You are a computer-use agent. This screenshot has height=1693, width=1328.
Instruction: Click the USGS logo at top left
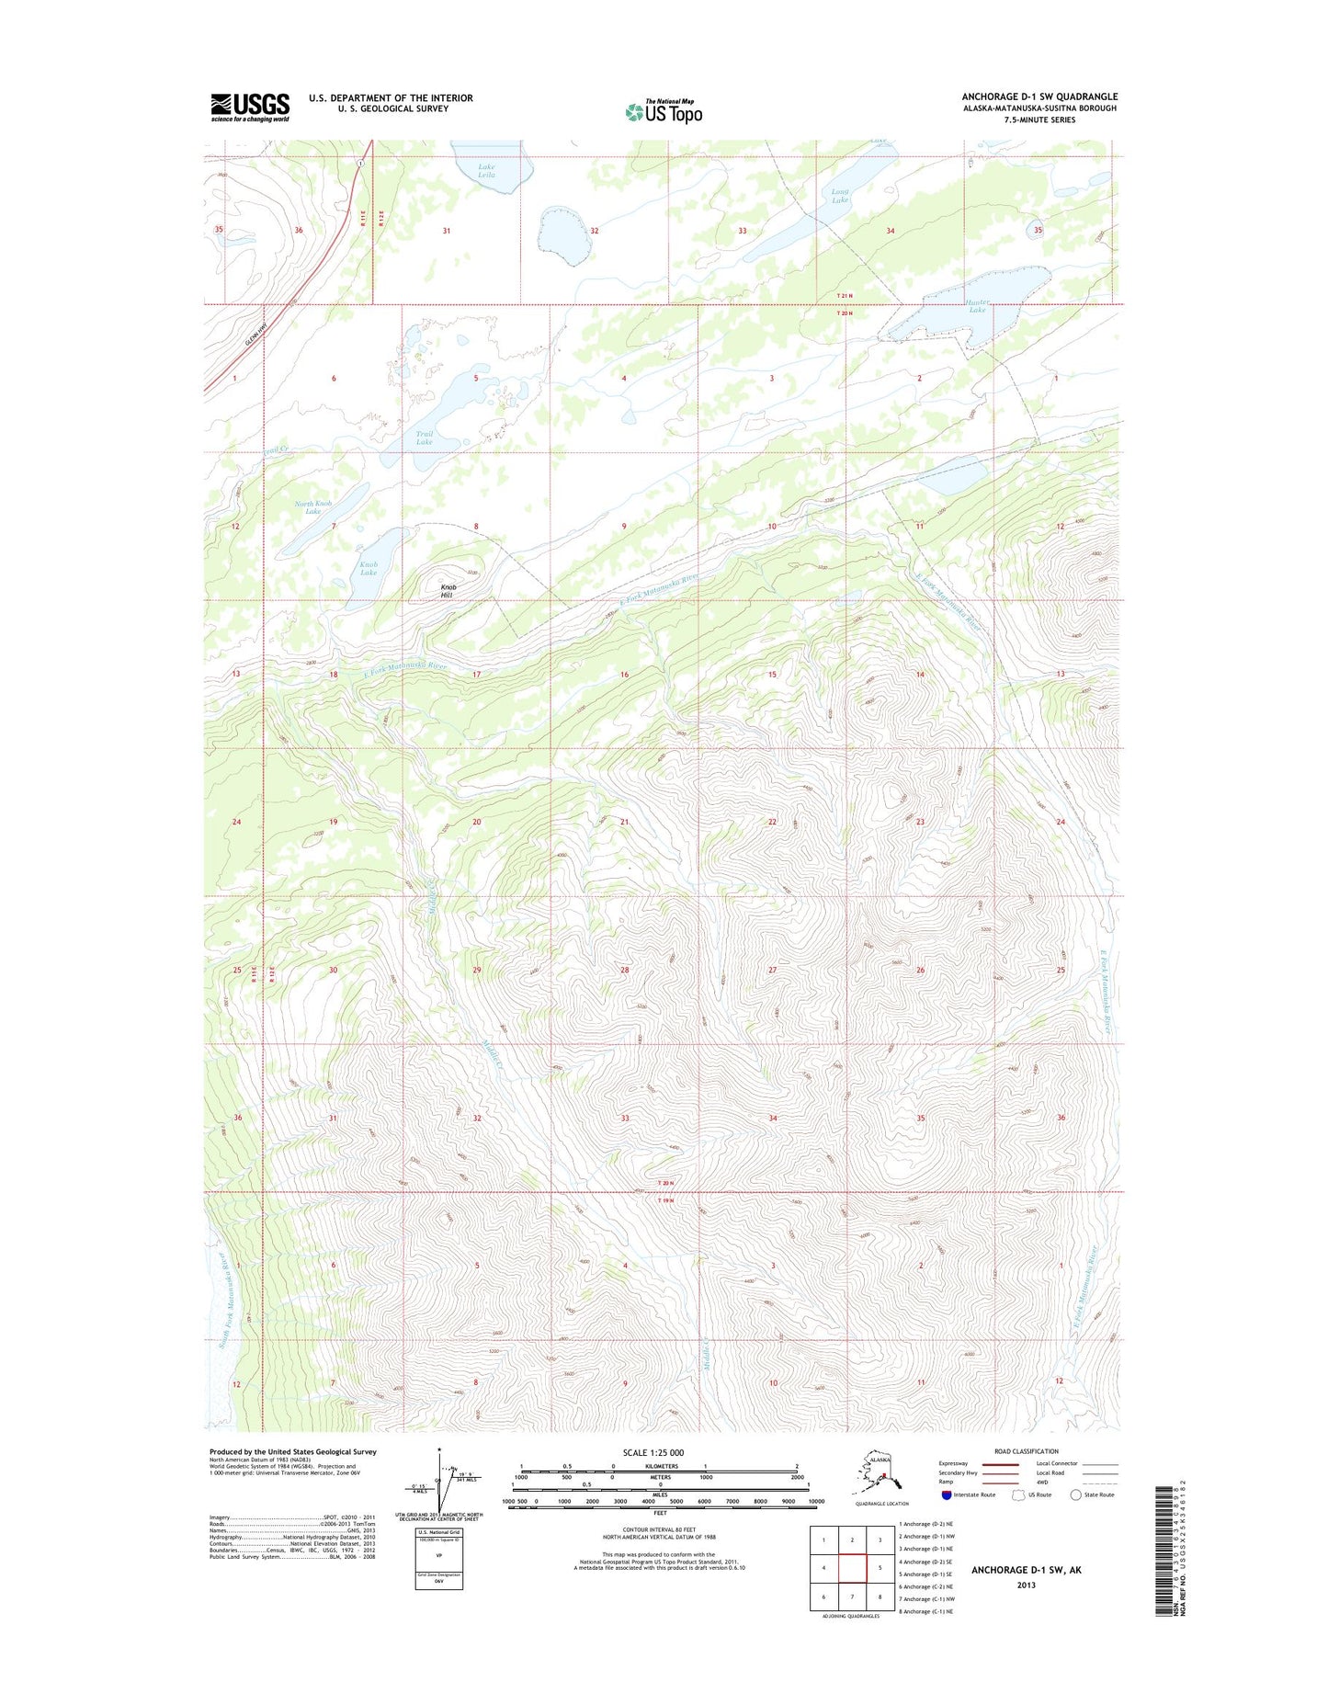click(250, 107)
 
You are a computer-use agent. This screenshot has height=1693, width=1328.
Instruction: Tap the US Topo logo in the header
click(664, 111)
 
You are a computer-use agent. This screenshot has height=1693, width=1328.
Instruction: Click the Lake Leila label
click(486, 170)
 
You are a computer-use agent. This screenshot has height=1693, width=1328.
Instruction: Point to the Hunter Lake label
click(977, 306)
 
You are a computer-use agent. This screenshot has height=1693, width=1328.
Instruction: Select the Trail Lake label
click(424, 437)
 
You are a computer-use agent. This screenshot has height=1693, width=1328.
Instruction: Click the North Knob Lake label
click(312, 507)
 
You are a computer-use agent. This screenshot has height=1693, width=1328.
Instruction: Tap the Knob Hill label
click(447, 591)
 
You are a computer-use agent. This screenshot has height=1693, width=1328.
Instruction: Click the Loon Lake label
click(839, 196)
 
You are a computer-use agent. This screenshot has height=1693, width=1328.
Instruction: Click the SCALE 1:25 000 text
click(653, 1453)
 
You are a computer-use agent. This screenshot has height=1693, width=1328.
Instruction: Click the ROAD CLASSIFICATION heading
click(1026, 1451)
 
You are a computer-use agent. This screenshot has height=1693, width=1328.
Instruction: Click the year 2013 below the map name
click(1026, 1585)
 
